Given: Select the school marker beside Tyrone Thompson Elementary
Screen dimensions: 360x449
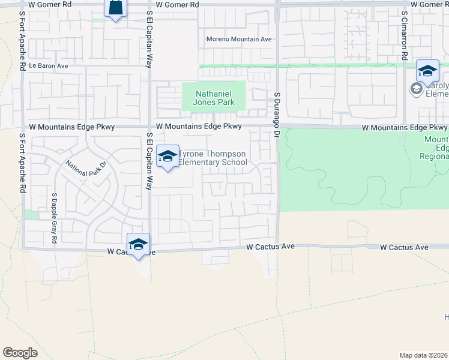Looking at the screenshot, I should [167, 157].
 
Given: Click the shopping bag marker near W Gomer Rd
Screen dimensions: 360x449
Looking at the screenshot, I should [115, 8].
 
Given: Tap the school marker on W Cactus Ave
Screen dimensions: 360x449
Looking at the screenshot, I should [138, 244].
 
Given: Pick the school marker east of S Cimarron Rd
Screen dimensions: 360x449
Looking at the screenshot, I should [427, 72].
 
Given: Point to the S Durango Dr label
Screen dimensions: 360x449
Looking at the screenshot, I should [277, 115].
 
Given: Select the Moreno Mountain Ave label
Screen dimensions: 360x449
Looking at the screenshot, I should [239, 39].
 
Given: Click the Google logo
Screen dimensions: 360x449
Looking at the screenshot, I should [20, 353].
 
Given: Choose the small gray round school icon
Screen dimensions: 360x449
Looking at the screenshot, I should [415, 89].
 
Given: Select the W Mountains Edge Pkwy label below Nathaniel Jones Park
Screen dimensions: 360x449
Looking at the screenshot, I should [199, 127].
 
